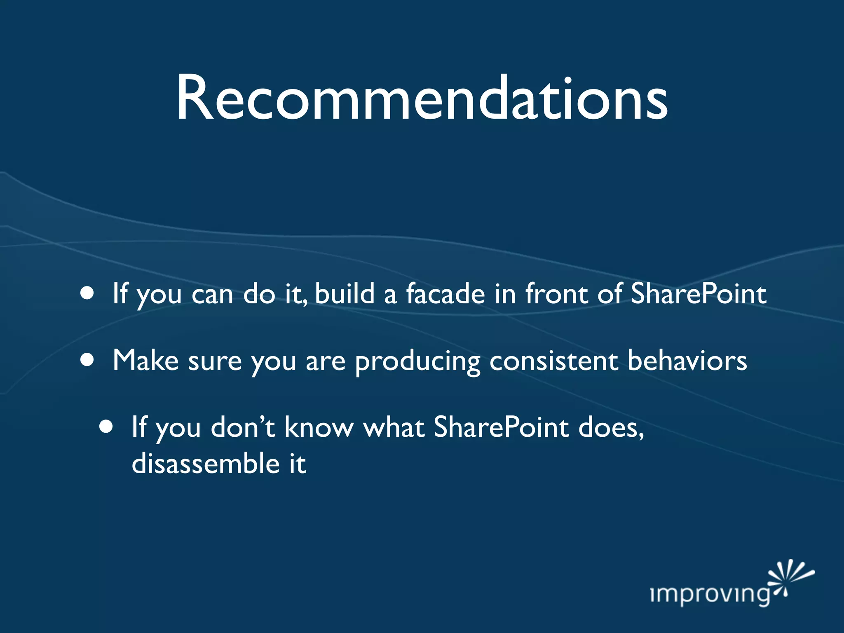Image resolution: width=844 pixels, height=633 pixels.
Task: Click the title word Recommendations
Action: tap(422, 99)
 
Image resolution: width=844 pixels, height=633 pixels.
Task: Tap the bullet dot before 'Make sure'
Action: tap(87, 360)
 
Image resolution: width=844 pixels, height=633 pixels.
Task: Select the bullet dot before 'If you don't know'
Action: tap(106, 427)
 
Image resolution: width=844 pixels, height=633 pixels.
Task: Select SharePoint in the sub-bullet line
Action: tap(502, 427)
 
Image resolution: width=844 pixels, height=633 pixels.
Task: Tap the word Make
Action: tap(145, 360)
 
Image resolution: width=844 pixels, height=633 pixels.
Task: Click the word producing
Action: tap(417, 362)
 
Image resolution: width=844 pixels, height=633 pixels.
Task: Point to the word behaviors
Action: tap(687, 360)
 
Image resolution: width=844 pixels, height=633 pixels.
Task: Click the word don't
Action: tap(243, 427)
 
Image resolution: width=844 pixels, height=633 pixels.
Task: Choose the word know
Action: tap(319, 427)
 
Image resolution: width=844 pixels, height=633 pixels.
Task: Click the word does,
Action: tap(611, 427)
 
